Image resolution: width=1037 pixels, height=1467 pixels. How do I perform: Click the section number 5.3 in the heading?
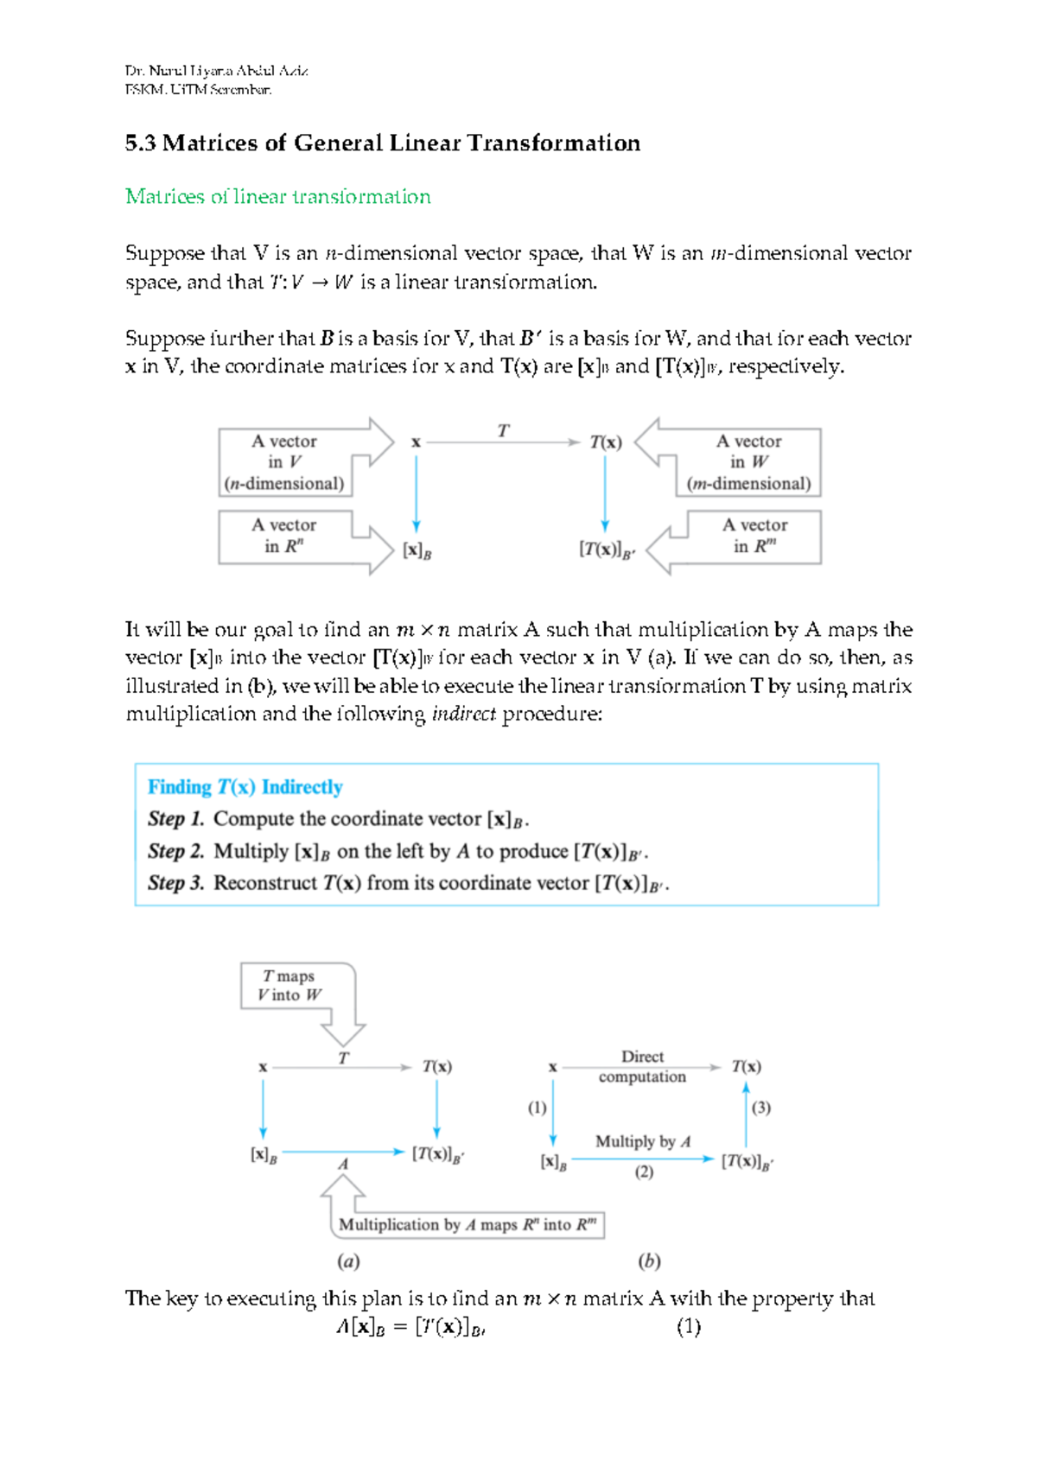[x=140, y=143]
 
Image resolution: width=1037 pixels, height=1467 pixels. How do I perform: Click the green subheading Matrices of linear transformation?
[x=277, y=197]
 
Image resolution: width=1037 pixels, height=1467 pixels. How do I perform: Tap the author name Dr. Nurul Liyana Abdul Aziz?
[x=216, y=71]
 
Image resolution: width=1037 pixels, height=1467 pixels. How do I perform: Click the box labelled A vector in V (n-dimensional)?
[x=284, y=462]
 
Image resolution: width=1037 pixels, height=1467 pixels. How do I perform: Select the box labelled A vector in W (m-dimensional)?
[x=748, y=462]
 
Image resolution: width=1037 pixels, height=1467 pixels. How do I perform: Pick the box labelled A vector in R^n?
[x=284, y=536]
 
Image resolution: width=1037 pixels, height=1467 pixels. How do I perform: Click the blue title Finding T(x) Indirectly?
[x=245, y=787]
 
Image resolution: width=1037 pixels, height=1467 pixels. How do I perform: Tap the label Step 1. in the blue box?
[x=175, y=819]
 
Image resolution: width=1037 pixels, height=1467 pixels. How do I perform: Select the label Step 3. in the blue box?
[x=175, y=883]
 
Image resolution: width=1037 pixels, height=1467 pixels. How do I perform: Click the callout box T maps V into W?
[x=289, y=986]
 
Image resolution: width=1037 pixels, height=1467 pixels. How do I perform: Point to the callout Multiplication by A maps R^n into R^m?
[x=467, y=1224]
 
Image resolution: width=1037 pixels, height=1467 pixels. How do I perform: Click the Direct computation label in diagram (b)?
[x=642, y=1066]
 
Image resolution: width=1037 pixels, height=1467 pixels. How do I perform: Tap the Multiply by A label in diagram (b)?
[x=643, y=1141]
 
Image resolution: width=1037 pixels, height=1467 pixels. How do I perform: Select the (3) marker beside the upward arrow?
[x=760, y=1108]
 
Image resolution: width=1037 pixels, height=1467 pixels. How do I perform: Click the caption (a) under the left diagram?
[x=348, y=1261]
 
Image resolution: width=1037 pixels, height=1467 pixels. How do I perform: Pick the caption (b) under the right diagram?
[x=649, y=1261]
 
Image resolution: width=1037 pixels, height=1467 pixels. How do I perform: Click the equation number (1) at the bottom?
[x=688, y=1327]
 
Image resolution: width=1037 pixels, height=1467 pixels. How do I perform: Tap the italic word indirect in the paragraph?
[x=464, y=714]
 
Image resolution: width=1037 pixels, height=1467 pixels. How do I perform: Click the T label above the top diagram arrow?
[x=503, y=430]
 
